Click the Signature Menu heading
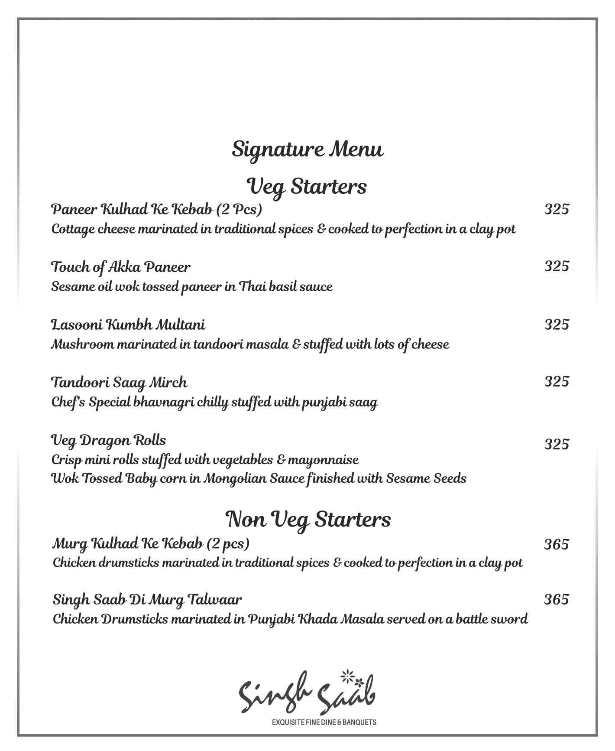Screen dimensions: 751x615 click(x=307, y=150)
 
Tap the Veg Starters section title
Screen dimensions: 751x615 click(x=307, y=187)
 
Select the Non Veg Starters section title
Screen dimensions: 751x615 click(x=308, y=519)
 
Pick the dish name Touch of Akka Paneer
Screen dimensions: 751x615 click(x=120, y=267)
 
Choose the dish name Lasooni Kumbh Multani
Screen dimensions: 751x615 click(x=128, y=324)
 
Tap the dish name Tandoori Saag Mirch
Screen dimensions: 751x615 click(x=119, y=382)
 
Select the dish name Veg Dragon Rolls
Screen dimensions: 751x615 click(x=108, y=440)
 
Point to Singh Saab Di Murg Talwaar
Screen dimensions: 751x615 click(x=147, y=600)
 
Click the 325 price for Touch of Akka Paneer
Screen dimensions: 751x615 click(x=557, y=266)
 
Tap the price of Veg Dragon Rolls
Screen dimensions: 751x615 click(x=557, y=444)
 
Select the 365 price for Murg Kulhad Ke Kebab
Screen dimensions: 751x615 click(x=557, y=544)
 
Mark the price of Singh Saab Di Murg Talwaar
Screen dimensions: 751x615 click(x=557, y=599)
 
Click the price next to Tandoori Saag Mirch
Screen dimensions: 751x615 click(x=557, y=381)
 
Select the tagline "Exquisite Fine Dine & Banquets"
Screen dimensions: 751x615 click(x=324, y=722)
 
